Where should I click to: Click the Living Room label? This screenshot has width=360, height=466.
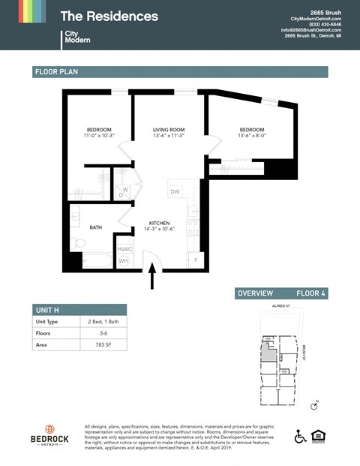pyautogui.click(x=168, y=129)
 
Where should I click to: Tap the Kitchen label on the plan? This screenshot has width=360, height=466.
pyautogui.click(x=159, y=223)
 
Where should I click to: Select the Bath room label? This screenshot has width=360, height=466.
pyautogui.click(x=96, y=227)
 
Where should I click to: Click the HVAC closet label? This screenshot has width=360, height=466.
pyautogui.click(x=124, y=249)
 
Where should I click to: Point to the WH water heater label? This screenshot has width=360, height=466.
pyautogui.click(x=123, y=260)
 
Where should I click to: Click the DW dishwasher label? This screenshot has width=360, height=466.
pyautogui.click(x=174, y=192)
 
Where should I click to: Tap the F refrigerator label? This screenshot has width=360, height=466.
pyautogui.click(x=196, y=260)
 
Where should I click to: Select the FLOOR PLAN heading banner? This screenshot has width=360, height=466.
pyautogui.click(x=180, y=72)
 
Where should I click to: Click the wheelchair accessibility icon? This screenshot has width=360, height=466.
pyautogui.click(x=300, y=435)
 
